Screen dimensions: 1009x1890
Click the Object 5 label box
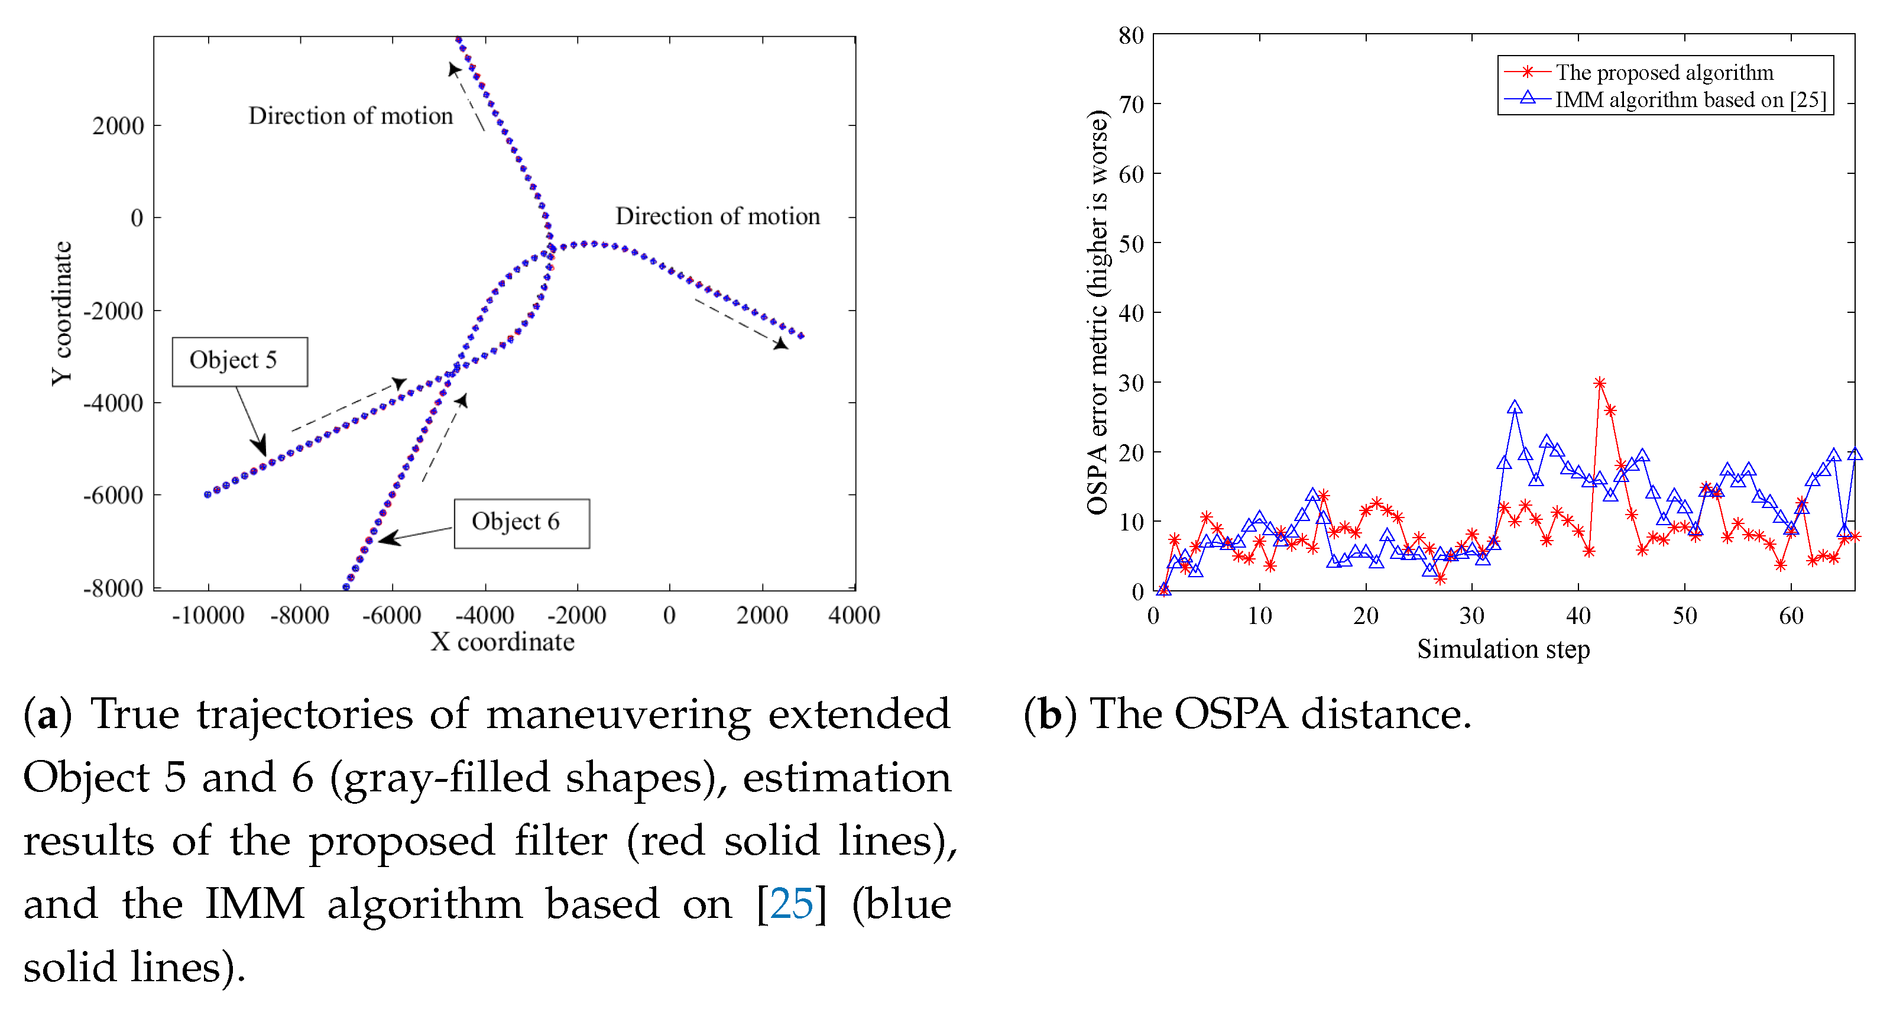239,361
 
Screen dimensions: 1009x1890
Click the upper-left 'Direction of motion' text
350,116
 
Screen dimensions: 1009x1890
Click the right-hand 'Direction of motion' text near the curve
717,216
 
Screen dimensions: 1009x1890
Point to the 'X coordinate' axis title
502,642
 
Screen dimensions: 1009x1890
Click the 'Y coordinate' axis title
61,313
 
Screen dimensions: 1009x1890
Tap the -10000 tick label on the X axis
208,616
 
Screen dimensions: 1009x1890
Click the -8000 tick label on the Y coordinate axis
113,588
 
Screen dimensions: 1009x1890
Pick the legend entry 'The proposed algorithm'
1664,73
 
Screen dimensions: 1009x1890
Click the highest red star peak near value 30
1600,383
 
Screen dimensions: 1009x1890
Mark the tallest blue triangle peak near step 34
1515,408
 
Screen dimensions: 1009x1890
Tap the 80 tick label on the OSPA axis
1130,35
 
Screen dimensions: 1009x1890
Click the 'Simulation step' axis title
1503,649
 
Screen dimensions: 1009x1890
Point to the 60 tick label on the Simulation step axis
1790,616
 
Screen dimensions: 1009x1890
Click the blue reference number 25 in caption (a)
791,904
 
